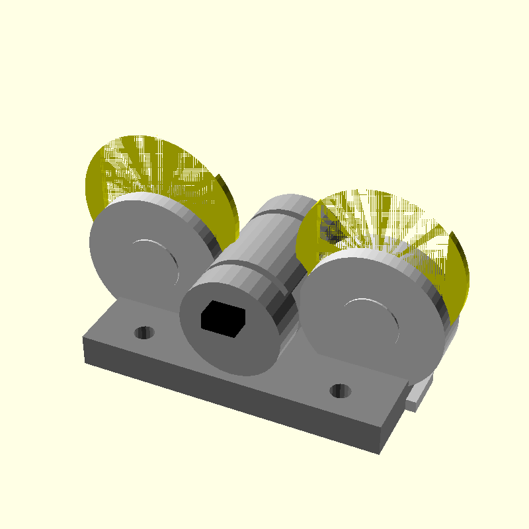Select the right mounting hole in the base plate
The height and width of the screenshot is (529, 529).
pos(341,390)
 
